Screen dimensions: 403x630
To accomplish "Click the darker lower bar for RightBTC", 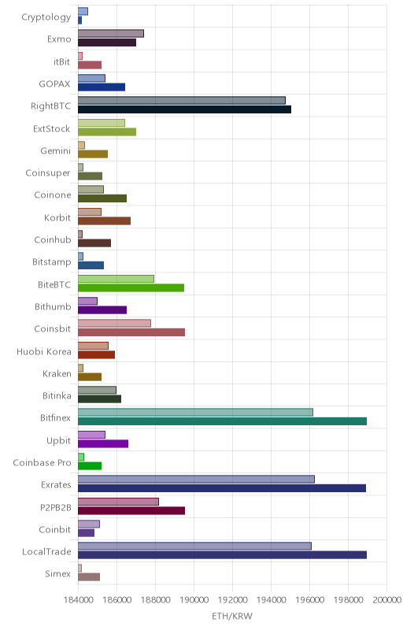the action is pos(184,109).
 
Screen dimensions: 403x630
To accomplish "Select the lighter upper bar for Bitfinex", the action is pos(195,412).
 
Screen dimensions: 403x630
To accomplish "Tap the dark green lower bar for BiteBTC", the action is pos(131,287).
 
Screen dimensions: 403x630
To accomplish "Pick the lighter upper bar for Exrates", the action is pos(196,480).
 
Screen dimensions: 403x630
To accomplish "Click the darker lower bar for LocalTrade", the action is pos(223,555).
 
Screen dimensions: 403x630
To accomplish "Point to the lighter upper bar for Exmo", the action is pos(111,33).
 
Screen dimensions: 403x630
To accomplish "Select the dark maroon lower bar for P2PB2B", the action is pos(131,510).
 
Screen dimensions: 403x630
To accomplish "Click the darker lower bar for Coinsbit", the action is pos(131,332).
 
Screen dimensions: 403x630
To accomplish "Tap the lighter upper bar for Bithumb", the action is pos(87,301).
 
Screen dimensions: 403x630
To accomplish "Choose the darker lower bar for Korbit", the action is pos(104,221).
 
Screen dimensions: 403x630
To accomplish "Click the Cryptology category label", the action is pos(46,17).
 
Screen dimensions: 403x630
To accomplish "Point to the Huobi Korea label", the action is pos(44,351).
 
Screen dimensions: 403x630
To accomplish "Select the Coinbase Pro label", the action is pos(42,463).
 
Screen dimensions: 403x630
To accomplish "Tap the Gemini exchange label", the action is pos(55,151).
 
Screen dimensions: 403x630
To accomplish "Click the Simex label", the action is pos(57,574).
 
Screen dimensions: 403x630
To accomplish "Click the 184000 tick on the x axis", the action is pos(78,600).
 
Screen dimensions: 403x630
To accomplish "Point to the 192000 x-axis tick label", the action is pos(232,600).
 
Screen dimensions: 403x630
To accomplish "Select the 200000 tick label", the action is pos(386,600).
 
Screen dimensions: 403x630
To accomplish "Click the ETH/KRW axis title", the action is pos(232,617).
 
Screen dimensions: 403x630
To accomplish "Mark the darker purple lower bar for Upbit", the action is pos(103,443).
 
